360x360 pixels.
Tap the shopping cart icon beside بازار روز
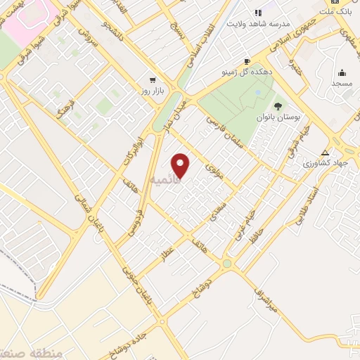[x=152, y=80]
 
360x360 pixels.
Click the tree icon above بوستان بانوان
[x=278, y=106]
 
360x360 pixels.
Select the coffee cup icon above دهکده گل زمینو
[x=247, y=61]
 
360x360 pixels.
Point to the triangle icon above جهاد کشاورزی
[x=325, y=153]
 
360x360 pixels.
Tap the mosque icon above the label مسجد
[x=342, y=72]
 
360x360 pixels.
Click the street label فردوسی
[x=139, y=221]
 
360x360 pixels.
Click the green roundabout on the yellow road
[x=226, y=264]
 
